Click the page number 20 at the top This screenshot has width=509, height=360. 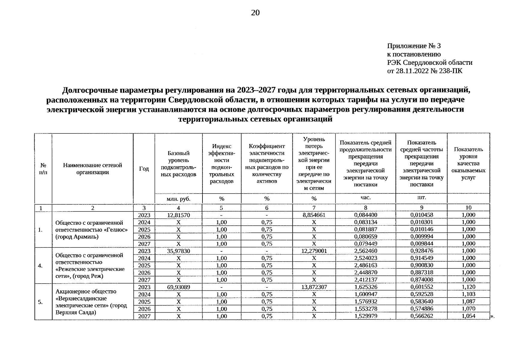point(255,13)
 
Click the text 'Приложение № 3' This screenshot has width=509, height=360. point(414,46)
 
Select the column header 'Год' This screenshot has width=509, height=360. point(144,169)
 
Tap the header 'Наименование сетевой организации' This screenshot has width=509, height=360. point(92,169)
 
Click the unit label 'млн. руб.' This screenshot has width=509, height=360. point(178,199)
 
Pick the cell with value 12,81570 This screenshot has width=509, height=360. point(178,215)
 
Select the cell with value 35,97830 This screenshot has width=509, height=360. point(178,251)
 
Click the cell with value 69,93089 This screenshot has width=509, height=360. point(178,287)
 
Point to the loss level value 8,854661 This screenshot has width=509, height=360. point(314,215)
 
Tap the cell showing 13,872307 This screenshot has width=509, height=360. point(314,287)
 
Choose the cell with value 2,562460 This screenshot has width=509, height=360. point(365,251)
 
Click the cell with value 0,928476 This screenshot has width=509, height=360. point(421,251)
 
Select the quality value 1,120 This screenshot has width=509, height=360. point(468,287)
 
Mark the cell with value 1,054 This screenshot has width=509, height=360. point(468,316)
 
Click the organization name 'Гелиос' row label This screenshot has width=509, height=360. point(92,230)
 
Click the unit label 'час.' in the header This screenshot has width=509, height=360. point(365,198)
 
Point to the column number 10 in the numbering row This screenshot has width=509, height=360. point(468,208)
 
